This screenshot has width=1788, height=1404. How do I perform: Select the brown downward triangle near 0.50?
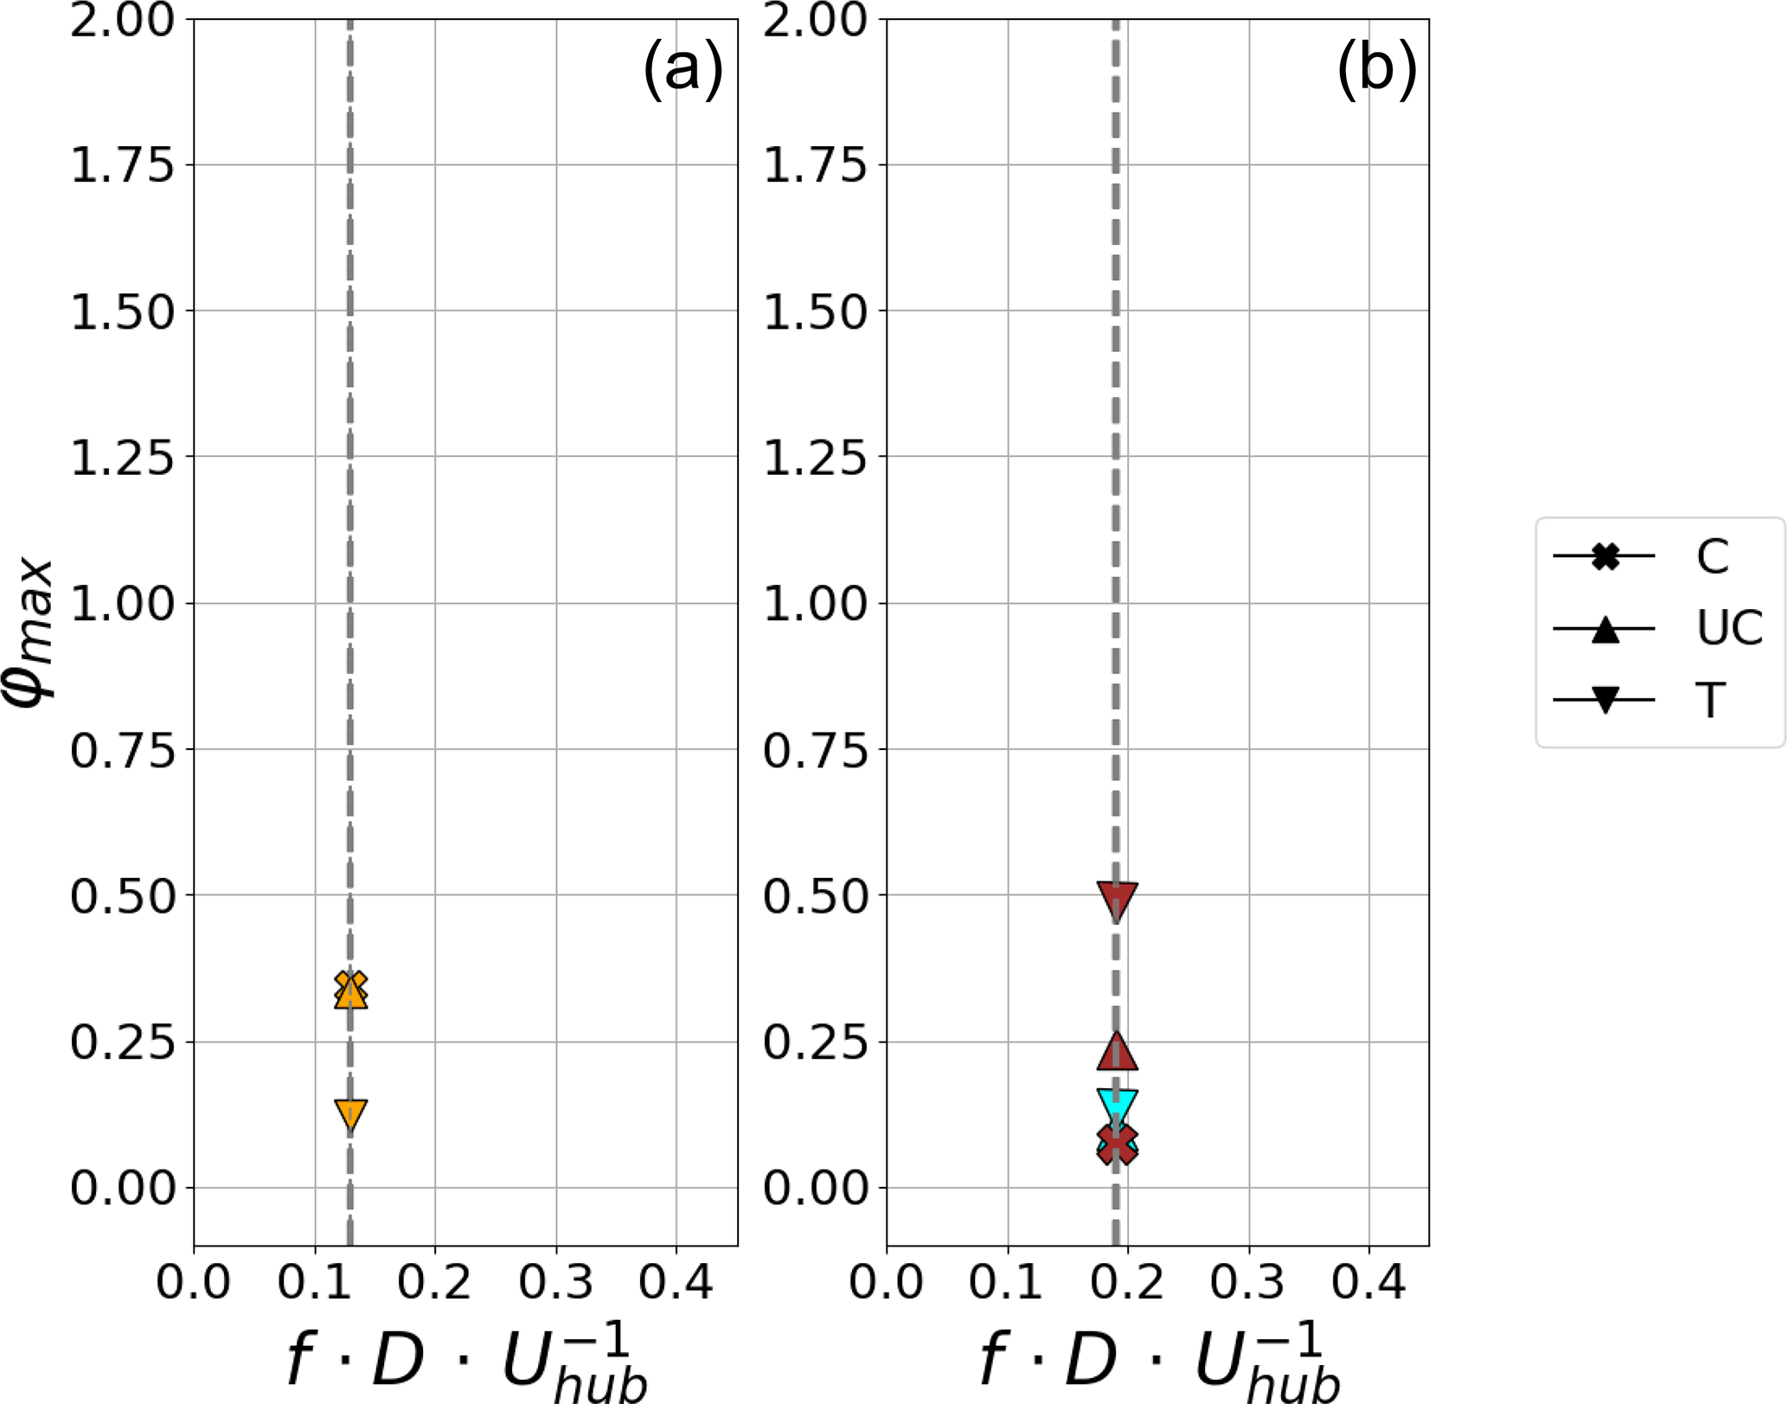[x=1117, y=900]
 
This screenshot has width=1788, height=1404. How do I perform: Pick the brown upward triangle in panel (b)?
[x=1117, y=1052]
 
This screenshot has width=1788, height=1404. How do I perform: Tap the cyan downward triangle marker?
[x=1117, y=1105]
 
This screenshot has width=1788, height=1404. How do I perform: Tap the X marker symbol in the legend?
[x=1605, y=555]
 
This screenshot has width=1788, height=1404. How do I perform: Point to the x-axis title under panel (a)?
[x=466, y=1361]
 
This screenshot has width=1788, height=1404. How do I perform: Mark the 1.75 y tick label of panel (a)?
[x=122, y=165]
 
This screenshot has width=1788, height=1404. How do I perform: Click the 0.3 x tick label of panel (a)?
[x=555, y=1281]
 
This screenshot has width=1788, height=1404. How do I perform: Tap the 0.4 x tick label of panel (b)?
[x=1368, y=1281]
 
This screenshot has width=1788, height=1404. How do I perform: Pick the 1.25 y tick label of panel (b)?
[x=814, y=457]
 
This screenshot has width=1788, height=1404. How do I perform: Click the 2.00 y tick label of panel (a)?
[x=122, y=20]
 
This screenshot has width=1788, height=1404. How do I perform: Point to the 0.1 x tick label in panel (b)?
[x=1006, y=1281]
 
